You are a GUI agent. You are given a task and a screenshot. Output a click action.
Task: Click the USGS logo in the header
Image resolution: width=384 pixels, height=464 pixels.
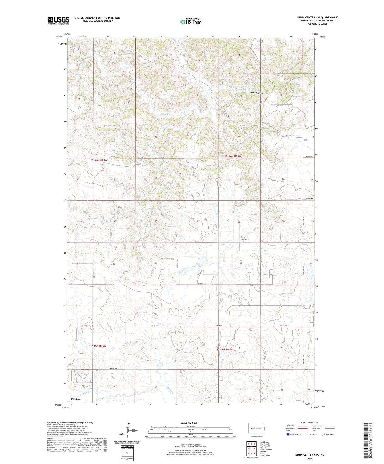click(x=58, y=20)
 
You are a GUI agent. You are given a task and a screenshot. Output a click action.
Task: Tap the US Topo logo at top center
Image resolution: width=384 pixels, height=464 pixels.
click(x=191, y=22)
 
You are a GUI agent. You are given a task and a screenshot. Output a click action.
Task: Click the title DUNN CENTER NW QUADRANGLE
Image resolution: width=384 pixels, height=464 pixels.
click(x=317, y=17)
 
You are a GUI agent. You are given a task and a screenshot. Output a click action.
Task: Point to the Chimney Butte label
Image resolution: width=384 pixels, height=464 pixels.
click(x=257, y=93)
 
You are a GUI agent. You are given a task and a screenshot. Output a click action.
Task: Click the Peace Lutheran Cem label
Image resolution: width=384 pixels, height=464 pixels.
click(x=243, y=239)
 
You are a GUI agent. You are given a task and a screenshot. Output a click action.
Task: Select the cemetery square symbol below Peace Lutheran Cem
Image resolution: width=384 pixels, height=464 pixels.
click(x=240, y=243)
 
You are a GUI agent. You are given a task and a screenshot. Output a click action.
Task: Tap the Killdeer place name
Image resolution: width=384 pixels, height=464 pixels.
click(x=76, y=400)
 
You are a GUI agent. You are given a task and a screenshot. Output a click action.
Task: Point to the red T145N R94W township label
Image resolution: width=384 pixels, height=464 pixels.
click(x=225, y=350)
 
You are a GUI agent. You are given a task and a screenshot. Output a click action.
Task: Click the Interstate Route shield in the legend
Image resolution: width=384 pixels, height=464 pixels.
click(x=288, y=434)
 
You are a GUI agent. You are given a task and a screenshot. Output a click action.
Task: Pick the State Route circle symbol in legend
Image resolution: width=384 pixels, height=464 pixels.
click(x=323, y=434)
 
